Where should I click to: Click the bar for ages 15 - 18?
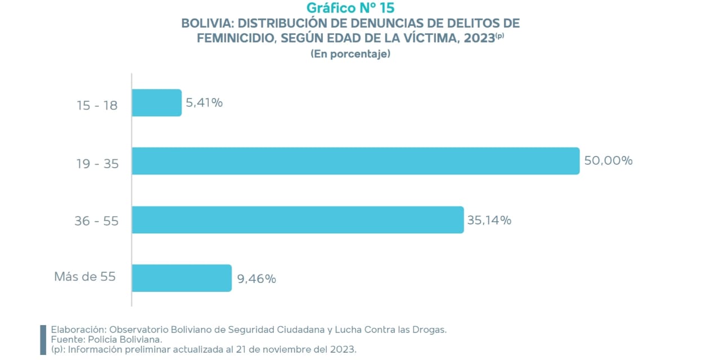(156, 103)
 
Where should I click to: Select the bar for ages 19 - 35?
(355, 161)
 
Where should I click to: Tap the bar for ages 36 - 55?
(298, 220)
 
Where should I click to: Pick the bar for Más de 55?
(182, 278)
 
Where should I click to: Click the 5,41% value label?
(204, 103)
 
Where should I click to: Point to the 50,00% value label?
(608, 161)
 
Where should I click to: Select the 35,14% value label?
(489, 220)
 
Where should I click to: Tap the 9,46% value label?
(256, 278)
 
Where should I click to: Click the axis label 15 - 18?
(97, 105)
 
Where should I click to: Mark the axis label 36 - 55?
(97, 222)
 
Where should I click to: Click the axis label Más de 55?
(85, 277)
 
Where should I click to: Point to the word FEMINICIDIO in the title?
(235, 38)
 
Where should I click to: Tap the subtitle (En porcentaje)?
(350, 55)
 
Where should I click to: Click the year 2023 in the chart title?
(480, 38)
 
